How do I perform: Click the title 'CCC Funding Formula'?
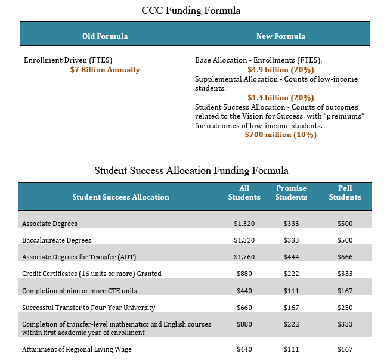click(x=191, y=10)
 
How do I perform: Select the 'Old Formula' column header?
click(x=105, y=36)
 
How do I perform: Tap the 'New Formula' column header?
click(x=280, y=36)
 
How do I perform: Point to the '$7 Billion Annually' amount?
click(x=105, y=70)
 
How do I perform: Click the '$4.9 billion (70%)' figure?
click(x=280, y=70)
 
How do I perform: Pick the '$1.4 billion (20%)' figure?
click(x=280, y=97)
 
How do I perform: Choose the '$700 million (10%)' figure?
click(x=280, y=135)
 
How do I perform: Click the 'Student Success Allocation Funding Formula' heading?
click(x=191, y=170)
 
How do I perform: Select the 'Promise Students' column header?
click(x=292, y=193)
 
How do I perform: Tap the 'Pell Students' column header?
click(x=345, y=193)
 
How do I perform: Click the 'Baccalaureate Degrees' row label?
click(x=57, y=240)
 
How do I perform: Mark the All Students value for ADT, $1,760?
click(x=244, y=257)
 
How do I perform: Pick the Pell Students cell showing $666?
click(x=345, y=257)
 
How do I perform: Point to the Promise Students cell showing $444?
click(x=292, y=257)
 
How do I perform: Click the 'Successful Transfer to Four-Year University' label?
click(x=88, y=308)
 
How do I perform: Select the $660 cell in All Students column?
click(x=244, y=308)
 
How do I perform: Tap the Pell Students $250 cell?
click(x=345, y=308)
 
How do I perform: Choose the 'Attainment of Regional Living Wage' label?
click(x=76, y=349)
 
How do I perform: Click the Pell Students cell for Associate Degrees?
click(x=345, y=224)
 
